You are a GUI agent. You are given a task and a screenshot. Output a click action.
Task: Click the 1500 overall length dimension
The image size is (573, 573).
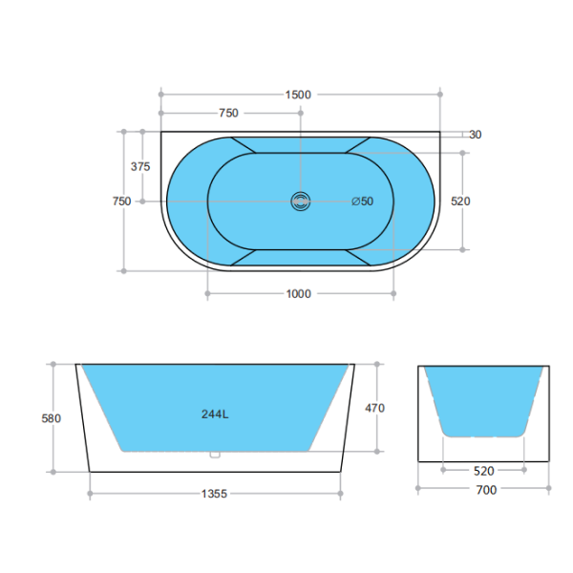(299, 95)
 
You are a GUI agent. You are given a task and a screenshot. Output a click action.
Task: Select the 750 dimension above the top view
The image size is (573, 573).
(228, 114)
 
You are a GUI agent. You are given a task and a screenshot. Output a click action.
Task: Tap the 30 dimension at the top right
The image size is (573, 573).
(475, 135)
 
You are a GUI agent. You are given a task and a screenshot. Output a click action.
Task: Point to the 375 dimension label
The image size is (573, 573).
(140, 166)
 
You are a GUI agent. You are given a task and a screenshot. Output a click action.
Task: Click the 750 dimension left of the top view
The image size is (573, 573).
(121, 202)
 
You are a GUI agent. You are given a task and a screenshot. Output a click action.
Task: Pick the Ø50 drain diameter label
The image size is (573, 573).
(362, 202)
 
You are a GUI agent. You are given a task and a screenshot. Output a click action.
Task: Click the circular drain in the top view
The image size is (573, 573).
(301, 202)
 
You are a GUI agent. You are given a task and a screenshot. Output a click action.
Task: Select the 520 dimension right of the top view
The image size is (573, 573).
(461, 202)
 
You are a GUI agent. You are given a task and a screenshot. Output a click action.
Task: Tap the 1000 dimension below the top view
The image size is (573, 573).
(299, 294)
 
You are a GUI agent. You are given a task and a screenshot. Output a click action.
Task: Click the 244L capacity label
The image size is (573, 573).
(215, 414)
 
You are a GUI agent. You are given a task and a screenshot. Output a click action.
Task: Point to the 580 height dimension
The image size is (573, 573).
(53, 417)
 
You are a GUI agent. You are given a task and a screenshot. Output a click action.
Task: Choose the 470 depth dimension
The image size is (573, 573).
(375, 408)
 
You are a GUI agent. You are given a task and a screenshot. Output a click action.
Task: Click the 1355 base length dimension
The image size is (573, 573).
(215, 494)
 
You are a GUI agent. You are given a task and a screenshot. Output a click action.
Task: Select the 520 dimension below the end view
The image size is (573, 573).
(485, 471)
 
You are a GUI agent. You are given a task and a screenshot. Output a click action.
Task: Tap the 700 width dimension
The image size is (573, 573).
(485, 490)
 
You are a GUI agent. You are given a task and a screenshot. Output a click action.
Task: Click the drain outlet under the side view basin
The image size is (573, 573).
(216, 455)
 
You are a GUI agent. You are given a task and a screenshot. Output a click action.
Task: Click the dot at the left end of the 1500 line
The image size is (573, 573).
(161, 95)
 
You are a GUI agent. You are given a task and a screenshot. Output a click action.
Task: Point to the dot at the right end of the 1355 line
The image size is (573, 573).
(342, 494)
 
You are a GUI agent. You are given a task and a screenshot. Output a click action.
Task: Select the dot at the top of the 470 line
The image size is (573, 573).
(378, 364)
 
